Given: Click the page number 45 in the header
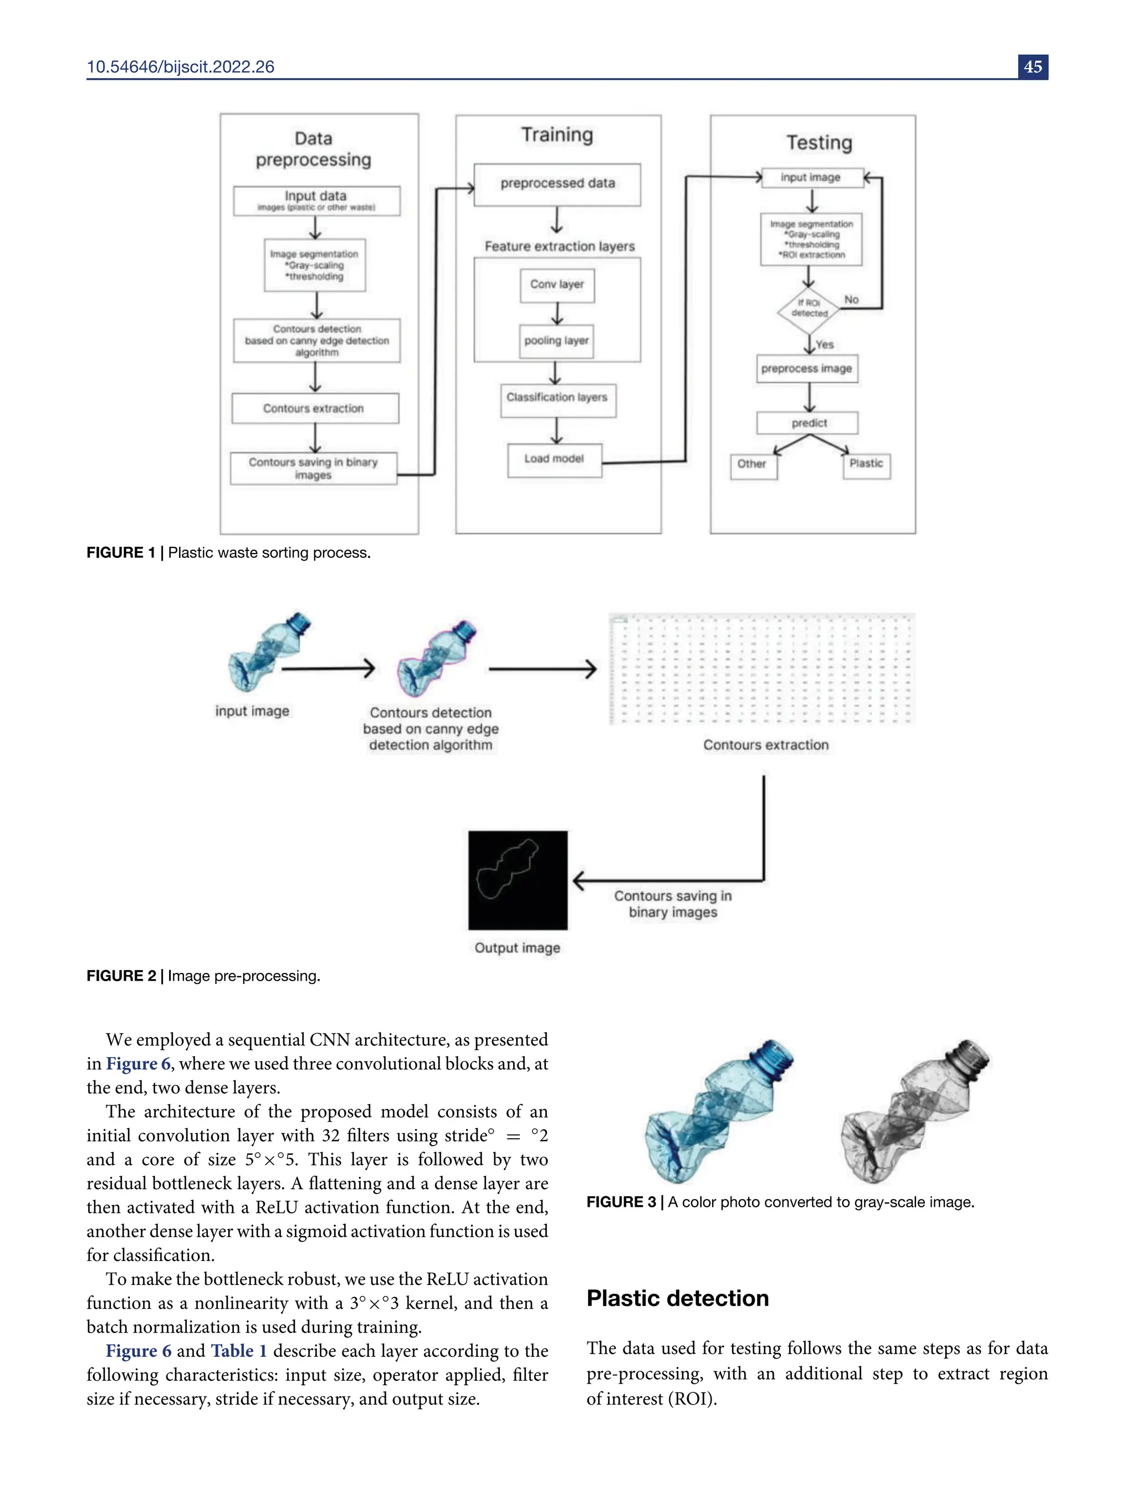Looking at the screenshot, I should pos(1032,67).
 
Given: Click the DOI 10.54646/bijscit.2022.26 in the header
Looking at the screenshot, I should pos(180,67).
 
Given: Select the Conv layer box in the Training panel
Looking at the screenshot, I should pos(556,285).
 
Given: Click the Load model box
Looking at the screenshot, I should pos(554,459).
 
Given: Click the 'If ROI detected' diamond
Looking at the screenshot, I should pos(809,309).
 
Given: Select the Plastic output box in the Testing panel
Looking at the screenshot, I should pos(866,465).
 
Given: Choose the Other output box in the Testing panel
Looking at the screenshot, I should pos(753,465).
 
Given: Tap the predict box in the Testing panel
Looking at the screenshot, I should pos(808,423).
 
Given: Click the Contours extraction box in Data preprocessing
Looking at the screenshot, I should pos(315,409).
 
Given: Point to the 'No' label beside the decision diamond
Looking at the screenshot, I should pos(851,299).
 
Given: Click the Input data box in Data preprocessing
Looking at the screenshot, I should pos(316,201).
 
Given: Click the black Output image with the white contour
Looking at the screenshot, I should pos(518,880).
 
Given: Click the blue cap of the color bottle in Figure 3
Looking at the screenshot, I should pos(774,1057).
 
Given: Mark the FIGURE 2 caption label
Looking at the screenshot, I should pos(121,976).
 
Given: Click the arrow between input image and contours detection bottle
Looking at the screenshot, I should pos(328,669).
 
